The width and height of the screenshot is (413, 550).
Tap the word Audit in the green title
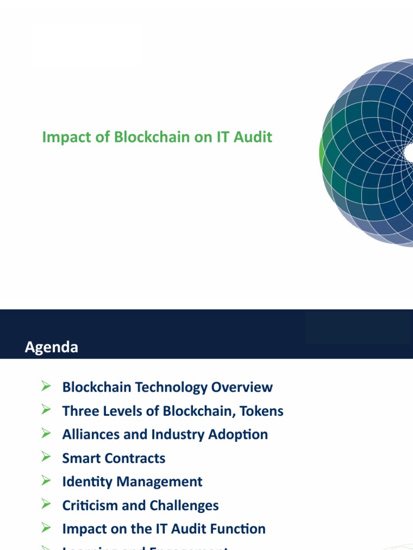[254, 137]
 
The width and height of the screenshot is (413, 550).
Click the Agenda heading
[52, 347]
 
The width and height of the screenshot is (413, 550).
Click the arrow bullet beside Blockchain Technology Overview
[46, 386]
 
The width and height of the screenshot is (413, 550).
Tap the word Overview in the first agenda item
[241, 387]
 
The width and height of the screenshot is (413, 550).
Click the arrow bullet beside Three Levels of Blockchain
[46, 410]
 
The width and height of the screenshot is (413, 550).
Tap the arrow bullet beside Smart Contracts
[46, 457]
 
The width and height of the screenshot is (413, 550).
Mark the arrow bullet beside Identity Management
[46, 481]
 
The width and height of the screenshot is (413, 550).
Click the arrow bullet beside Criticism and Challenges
[46, 504]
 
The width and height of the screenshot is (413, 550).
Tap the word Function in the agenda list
[239, 529]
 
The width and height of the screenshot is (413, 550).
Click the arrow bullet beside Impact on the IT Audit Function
[46, 528]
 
